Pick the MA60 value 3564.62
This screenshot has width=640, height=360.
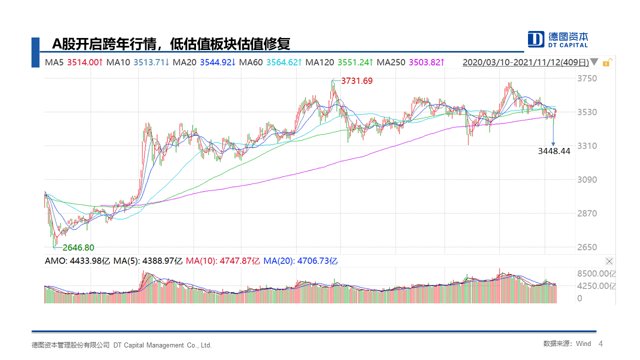tap(282, 62)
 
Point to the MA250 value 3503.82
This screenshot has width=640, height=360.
tap(425, 62)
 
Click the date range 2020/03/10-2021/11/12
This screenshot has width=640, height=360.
tap(525, 62)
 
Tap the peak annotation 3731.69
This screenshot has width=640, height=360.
tap(356, 80)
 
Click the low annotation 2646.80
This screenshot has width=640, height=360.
tap(78, 247)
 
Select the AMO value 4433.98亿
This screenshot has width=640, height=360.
tap(90, 260)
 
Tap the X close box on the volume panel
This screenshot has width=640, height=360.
tap(609, 261)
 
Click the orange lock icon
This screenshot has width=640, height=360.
tap(606, 62)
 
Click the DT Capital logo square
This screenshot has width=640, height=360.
tap(536, 39)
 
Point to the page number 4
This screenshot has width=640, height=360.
tap(600, 344)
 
